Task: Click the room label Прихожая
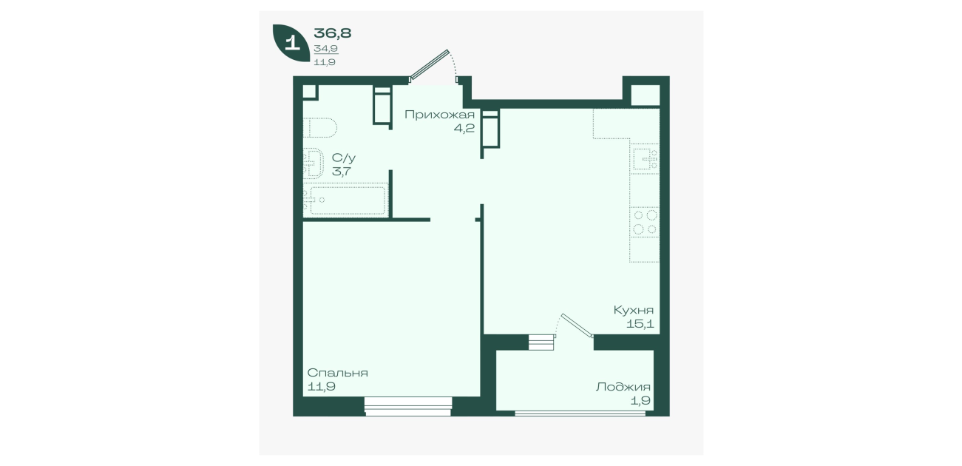(439, 115)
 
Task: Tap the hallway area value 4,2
(464, 129)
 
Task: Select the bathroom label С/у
(344, 158)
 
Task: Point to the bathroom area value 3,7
(342, 172)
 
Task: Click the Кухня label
(634, 310)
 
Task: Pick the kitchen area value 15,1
(640, 324)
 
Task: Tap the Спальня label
(338, 373)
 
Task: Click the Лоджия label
(623, 388)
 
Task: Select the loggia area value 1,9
(640, 401)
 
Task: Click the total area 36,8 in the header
(333, 33)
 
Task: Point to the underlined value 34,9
(326, 49)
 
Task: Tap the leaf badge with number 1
(291, 42)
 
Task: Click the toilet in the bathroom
(320, 127)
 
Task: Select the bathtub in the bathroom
(346, 200)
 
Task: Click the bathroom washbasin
(313, 163)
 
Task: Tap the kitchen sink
(645, 159)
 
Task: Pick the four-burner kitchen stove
(645, 223)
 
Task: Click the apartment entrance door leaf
(430, 65)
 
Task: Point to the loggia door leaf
(577, 325)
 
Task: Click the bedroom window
(408, 406)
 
